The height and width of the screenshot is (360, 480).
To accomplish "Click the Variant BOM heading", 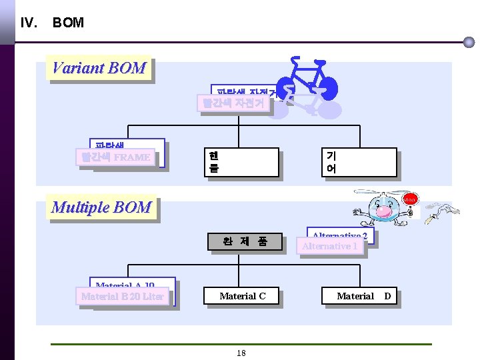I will [x=99, y=68].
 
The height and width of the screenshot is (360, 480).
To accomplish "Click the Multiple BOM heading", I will [x=101, y=207].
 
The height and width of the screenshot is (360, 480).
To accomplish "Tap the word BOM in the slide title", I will [x=68, y=23].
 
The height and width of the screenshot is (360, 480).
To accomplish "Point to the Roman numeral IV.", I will [x=29, y=23].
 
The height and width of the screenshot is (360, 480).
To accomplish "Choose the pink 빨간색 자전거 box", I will [x=233, y=103].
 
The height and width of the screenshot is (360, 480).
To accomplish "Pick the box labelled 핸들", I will [x=241, y=162].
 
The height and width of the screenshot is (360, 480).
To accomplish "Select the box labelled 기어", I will [x=359, y=162].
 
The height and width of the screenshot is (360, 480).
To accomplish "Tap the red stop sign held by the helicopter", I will [x=409, y=199].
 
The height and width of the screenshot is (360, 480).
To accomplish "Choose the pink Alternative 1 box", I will [x=330, y=246].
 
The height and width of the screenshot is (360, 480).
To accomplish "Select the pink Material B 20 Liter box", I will [x=123, y=297].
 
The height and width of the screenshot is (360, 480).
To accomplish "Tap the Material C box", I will [x=242, y=296].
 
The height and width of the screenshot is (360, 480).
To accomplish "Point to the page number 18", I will [x=241, y=353].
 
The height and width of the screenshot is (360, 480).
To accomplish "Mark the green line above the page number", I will [x=241, y=344].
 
